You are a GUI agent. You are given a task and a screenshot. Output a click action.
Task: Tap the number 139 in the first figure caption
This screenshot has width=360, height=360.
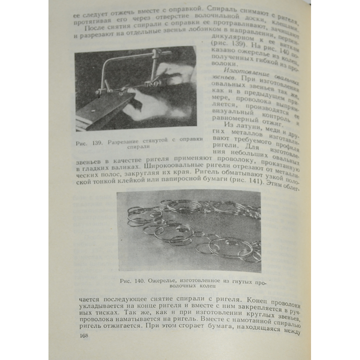(x=100, y=140)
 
